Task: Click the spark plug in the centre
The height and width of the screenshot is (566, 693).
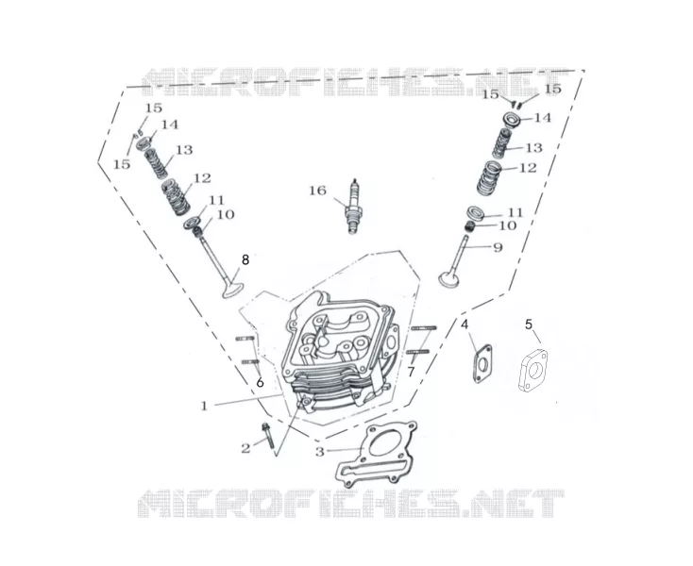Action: coord(353,207)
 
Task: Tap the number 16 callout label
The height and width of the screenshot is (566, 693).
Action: coord(317,191)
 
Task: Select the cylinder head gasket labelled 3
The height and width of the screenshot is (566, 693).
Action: coord(377,454)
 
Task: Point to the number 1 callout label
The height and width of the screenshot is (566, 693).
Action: coord(204,406)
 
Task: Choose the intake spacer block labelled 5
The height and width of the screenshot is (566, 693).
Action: coord(532,370)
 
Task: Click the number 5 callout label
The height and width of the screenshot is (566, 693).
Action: coord(529,325)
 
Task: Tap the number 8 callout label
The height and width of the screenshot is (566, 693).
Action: coord(245,260)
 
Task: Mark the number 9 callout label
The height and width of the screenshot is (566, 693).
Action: coord(498,247)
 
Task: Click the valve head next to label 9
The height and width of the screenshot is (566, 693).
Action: coord(449,279)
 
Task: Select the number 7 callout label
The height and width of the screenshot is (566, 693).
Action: coord(411,373)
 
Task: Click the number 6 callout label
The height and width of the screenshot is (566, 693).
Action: coord(260,382)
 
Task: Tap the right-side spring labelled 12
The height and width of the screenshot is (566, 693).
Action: coord(490,178)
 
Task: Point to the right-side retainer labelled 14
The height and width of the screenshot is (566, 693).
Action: coord(513,121)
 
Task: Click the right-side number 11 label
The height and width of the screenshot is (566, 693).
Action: coord(514,213)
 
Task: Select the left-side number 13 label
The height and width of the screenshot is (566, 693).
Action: coord(184,150)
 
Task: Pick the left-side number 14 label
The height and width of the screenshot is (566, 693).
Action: coord(169,125)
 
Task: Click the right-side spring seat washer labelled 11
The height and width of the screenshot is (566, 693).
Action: coord(477,213)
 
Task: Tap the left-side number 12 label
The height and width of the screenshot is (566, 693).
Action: coord(202,178)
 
